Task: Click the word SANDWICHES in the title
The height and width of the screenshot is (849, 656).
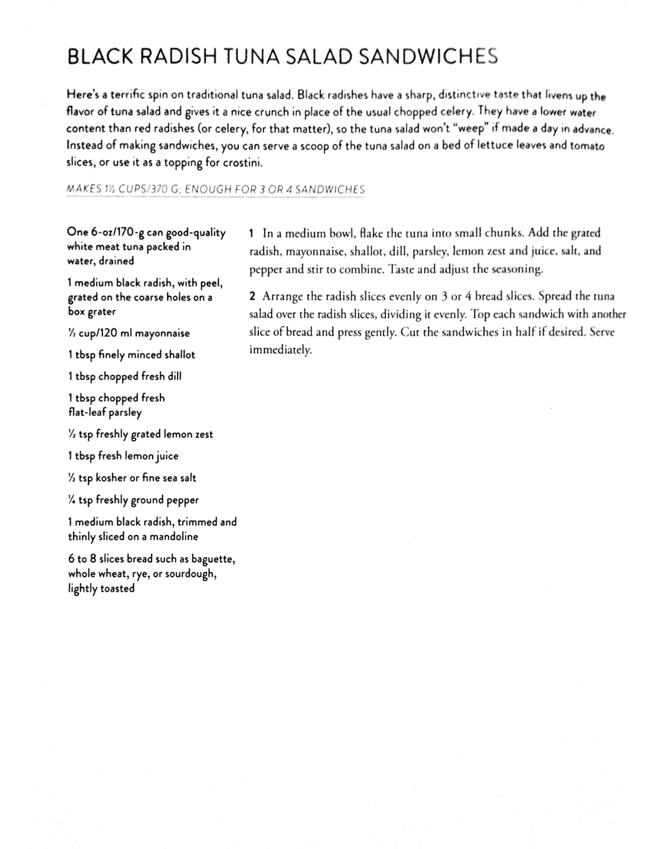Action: [428, 56]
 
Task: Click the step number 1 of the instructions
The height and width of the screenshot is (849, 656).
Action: [252, 233]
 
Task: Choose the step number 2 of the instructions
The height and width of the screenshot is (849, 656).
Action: [252, 296]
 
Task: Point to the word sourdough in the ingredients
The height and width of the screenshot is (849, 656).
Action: [190, 574]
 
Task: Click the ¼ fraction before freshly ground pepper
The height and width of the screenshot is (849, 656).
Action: [72, 500]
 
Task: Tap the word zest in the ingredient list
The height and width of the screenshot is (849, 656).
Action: [204, 434]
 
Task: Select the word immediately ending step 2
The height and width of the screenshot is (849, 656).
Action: [280, 350]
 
